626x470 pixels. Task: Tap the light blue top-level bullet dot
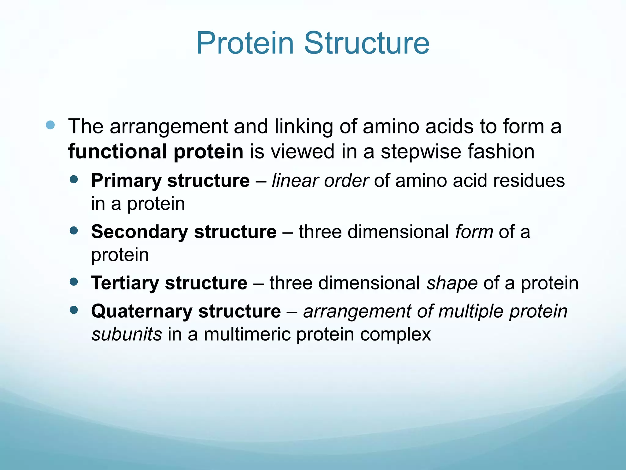pyautogui.click(x=50, y=125)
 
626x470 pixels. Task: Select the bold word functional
pyautogui.click(x=117, y=151)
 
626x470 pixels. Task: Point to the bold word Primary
pyautogui.click(x=126, y=181)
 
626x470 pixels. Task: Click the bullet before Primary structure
pyautogui.click(x=74, y=179)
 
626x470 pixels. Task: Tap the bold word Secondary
pyautogui.click(x=139, y=232)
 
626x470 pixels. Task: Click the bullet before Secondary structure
pyautogui.click(x=74, y=230)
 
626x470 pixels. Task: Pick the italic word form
pyautogui.click(x=474, y=232)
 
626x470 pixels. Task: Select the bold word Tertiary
pyautogui.click(x=125, y=283)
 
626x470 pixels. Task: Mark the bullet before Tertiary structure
pyautogui.click(x=74, y=281)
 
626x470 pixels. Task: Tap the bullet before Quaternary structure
pyautogui.click(x=74, y=310)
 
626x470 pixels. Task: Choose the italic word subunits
pyautogui.click(x=127, y=334)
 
